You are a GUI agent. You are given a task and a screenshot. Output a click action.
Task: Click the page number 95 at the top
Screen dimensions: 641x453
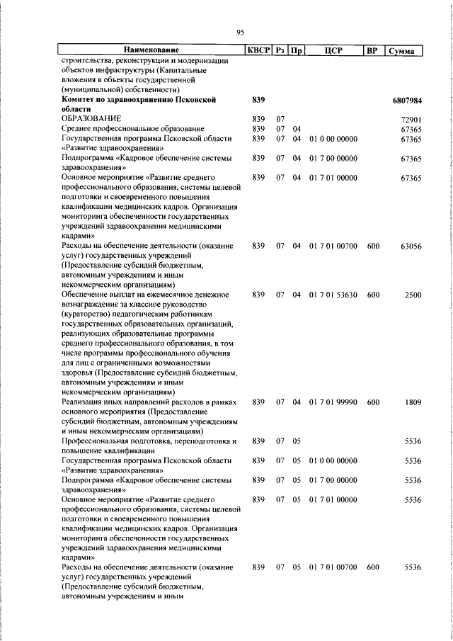tap(240, 33)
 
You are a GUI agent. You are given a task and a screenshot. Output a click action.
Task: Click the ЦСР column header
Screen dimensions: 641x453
tap(333, 50)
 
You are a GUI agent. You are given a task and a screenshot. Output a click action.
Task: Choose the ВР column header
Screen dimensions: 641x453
tap(373, 50)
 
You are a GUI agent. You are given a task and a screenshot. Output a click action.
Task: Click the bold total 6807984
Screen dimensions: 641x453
tap(406, 101)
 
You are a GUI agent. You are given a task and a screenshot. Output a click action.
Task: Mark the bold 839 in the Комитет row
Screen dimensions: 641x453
tap(258, 101)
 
